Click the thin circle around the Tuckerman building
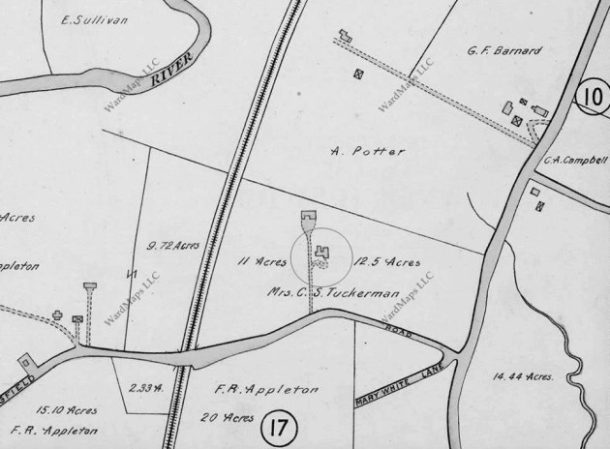320,253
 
